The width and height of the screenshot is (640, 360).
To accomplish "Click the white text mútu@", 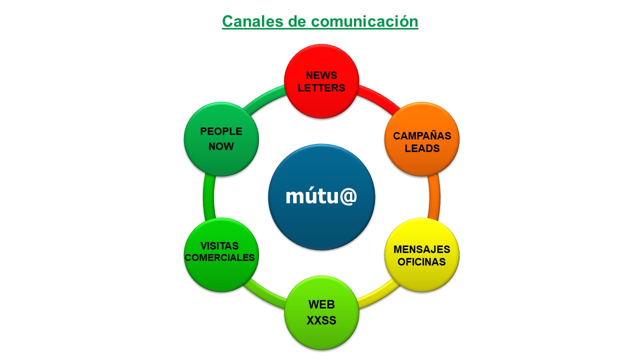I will pos(321,196).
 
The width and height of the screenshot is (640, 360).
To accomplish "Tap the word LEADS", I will pos(422,148).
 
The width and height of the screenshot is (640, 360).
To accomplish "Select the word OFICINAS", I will pos(421,262).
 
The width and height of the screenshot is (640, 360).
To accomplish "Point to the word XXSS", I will pos(321,320).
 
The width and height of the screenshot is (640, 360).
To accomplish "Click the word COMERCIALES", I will pos(220,258).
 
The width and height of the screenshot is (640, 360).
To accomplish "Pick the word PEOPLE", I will pos(221,131).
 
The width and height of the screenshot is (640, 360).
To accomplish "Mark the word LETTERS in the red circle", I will pos(321,88).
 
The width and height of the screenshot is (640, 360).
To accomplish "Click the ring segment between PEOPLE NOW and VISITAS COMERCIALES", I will pos(209,197).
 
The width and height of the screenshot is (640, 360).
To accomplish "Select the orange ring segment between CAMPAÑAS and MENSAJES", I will pos(434,197).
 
